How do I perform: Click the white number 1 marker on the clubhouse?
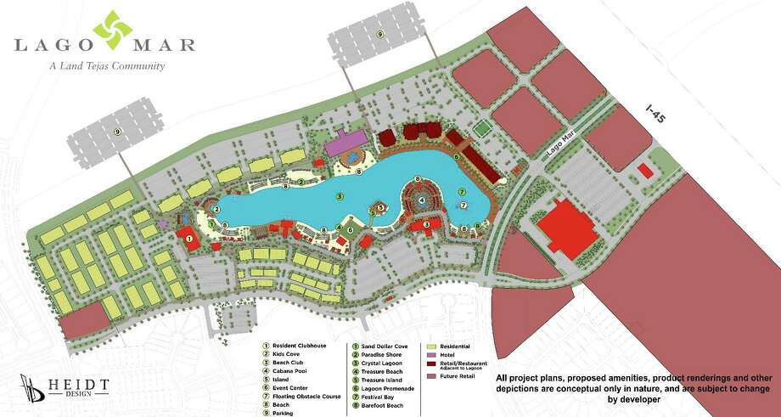point(188,239)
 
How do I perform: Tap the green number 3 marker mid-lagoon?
point(339,196)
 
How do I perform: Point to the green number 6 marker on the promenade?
point(457,157)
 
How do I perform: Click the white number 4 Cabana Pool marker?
point(422,200)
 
